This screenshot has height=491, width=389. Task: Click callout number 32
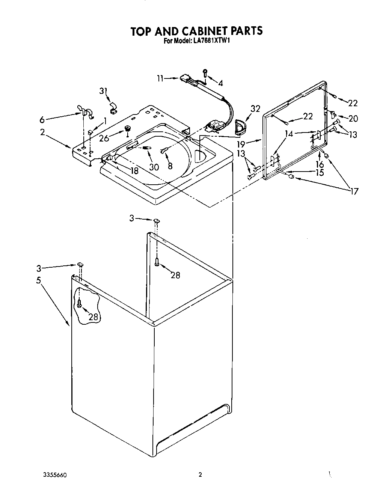click(x=255, y=109)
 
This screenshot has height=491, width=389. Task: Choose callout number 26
click(x=104, y=138)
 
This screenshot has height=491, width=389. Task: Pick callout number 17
click(x=353, y=191)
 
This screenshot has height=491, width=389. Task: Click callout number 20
click(x=353, y=119)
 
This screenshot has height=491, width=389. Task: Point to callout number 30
click(x=154, y=167)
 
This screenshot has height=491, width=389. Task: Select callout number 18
click(x=134, y=171)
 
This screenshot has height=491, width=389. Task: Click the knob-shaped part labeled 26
click(x=128, y=129)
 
